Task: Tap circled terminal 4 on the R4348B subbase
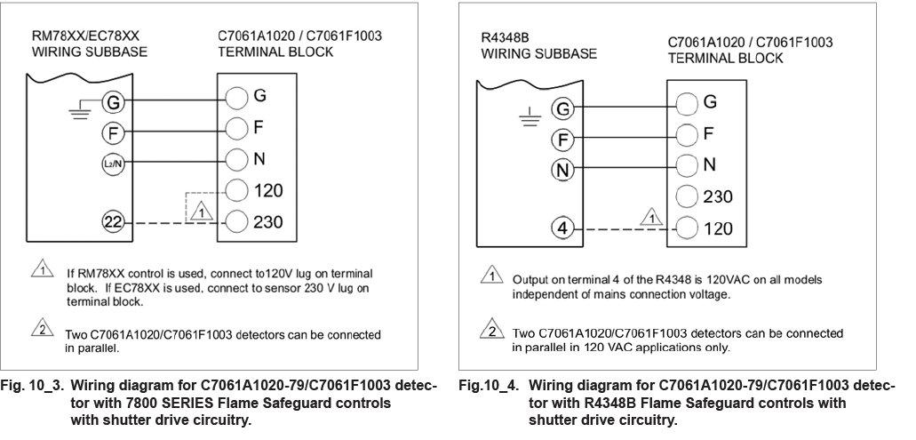pyautogui.click(x=562, y=228)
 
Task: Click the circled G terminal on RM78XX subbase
pyautogui.click(x=113, y=102)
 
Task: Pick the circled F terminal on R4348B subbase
pyautogui.click(x=562, y=139)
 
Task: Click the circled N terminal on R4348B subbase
pyautogui.click(x=562, y=169)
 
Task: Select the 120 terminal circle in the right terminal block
pyautogui.click(x=687, y=228)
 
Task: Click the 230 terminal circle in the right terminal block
pyautogui.click(x=687, y=196)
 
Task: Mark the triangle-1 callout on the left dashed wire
pyautogui.click(x=201, y=212)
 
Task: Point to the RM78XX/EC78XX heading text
pyautogui.click(x=73, y=36)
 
